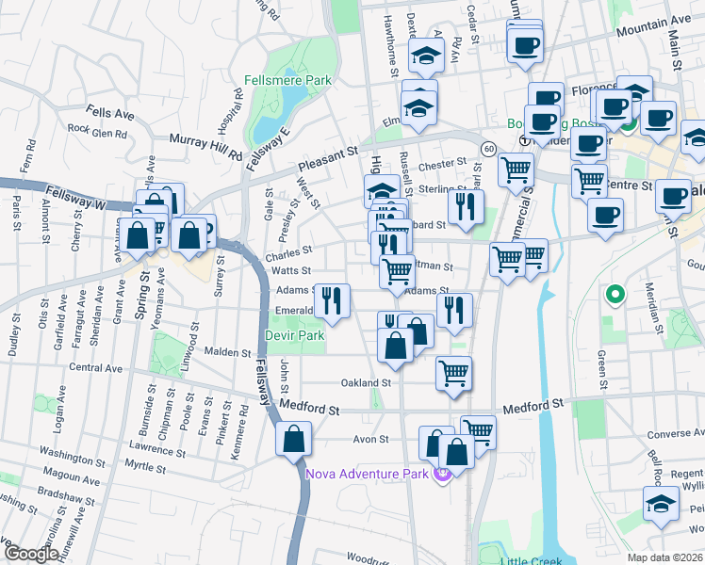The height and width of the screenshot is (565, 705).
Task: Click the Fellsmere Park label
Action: (x=287, y=81)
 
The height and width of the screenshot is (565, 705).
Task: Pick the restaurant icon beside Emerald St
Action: (x=331, y=300)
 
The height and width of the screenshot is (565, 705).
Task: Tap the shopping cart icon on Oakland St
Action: (x=453, y=373)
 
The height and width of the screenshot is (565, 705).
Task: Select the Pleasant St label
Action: (x=329, y=150)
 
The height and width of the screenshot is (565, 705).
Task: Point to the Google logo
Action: (x=30, y=554)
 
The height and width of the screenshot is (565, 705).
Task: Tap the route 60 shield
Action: (x=488, y=149)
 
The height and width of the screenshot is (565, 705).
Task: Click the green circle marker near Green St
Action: (x=615, y=296)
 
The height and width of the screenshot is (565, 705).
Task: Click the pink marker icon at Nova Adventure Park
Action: (x=440, y=473)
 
